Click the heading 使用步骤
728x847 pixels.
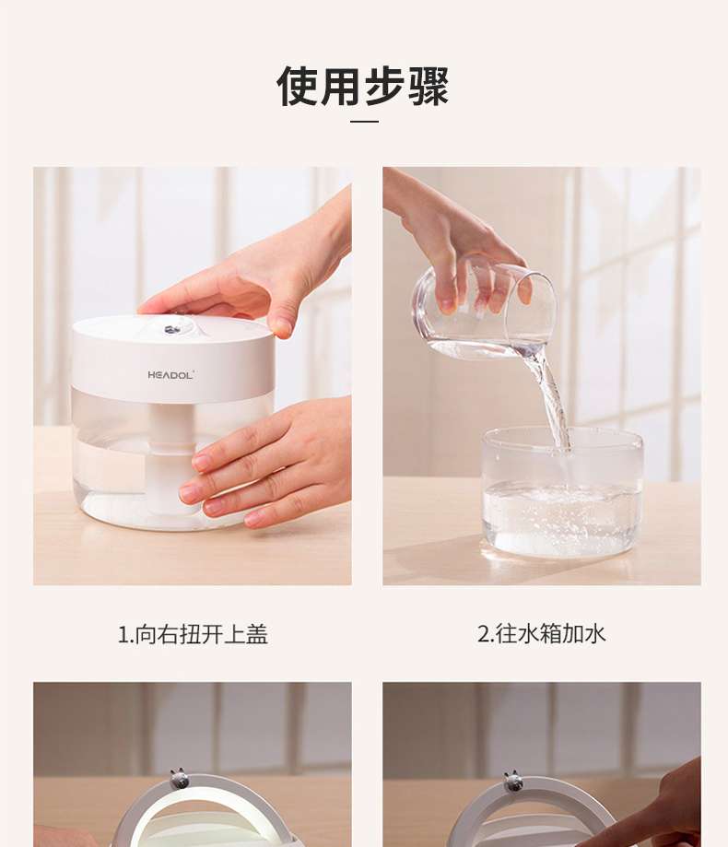(x=363, y=86)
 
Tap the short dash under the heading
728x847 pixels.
(x=364, y=121)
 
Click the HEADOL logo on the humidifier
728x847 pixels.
(x=170, y=374)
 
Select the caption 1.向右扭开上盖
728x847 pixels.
(x=193, y=634)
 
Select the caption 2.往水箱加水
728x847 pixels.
(x=541, y=633)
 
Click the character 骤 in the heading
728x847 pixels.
(x=429, y=86)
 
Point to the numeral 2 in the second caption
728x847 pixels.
(x=483, y=634)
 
